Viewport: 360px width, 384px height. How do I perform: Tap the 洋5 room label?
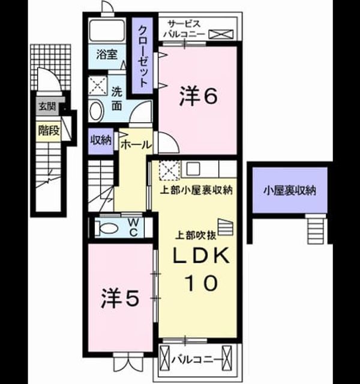[120, 298]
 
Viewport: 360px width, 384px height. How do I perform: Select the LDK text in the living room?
[202, 256]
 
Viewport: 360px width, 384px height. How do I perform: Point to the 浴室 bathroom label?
[107, 55]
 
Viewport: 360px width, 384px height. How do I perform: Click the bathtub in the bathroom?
[107, 31]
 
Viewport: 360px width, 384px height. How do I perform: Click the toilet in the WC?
[106, 228]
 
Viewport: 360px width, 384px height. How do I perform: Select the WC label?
[133, 228]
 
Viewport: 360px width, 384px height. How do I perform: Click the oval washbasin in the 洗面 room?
[96, 111]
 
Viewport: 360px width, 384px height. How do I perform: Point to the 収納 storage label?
[101, 140]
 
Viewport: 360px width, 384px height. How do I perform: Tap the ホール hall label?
[136, 145]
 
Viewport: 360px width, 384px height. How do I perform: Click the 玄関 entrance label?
[47, 107]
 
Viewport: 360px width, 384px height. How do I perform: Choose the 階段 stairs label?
[49, 131]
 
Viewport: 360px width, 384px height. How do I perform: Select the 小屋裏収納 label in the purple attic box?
[290, 191]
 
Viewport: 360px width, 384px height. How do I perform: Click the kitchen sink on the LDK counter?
[193, 169]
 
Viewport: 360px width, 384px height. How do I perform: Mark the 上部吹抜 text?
[196, 235]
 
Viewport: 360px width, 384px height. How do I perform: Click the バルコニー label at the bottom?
[196, 360]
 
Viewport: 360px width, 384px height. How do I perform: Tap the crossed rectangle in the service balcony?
[221, 34]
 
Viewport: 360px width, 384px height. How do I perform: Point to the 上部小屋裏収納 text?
[196, 190]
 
